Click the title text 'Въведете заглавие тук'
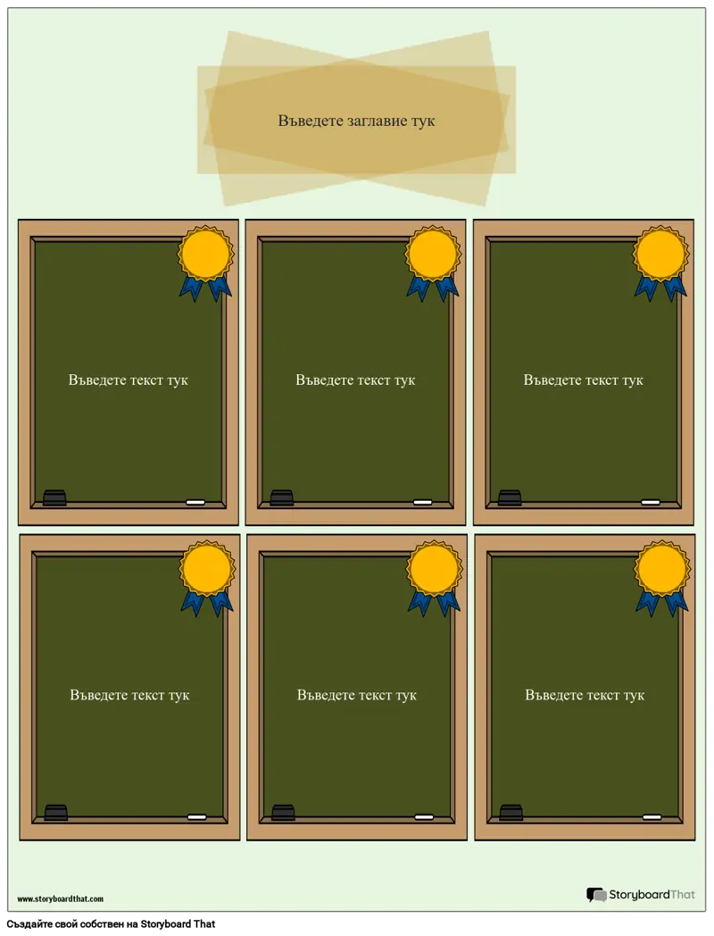(x=356, y=121)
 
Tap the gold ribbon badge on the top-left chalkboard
(x=206, y=262)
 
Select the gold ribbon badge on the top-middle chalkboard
(x=433, y=262)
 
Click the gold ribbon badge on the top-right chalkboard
(x=661, y=262)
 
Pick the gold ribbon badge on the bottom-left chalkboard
(x=208, y=577)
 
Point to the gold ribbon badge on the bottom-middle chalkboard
(x=435, y=577)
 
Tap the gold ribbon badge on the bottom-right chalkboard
(x=662, y=577)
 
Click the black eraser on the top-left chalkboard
(x=54, y=497)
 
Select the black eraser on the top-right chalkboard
(x=510, y=497)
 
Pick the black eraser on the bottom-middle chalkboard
(x=283, y=813)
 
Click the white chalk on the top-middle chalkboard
(x=423, y=502)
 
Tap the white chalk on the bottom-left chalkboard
(x=197, y=816)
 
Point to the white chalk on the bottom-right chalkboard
(x=652, y=816)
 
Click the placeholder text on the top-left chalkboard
(x=129, y=380)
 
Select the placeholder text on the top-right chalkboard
(x=584, y=380)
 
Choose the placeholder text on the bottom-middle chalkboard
(x=357, y=696)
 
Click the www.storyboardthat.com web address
(x=61, y=898)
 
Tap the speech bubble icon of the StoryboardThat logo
(x=596, y=894)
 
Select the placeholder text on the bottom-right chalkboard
(x=585, y=696)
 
